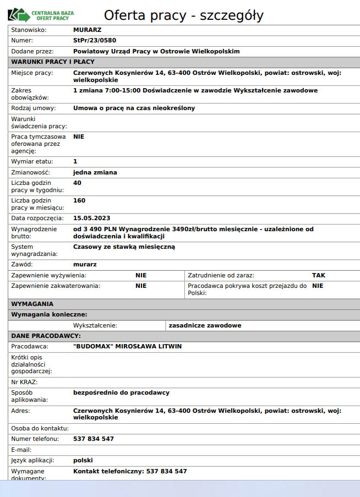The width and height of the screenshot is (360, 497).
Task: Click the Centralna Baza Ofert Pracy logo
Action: coord(41,15)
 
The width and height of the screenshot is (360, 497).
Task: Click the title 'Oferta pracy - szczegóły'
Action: coord(183,15)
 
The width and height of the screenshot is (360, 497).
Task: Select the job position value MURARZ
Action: coord(87,29)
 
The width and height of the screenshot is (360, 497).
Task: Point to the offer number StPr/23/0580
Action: coord(95,40)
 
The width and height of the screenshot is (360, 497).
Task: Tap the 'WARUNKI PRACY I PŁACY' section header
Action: coord(53,62)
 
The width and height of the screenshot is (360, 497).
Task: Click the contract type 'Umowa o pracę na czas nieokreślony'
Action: coord(134,108)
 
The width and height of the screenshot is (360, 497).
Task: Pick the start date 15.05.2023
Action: coord(92,218)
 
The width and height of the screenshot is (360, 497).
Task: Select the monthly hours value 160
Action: coord(79,200)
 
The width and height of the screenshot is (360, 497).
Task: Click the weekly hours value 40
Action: coord(77,182)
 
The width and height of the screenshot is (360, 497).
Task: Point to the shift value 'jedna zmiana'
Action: coord(95,172)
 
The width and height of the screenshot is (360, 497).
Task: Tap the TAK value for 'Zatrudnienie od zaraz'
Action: coord(319,275)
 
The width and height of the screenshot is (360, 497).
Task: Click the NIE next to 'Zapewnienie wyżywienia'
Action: coord(141,275)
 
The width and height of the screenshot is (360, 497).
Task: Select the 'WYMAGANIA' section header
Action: coord(32,303)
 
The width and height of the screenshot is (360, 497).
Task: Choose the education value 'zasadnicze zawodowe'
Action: coord(205,325)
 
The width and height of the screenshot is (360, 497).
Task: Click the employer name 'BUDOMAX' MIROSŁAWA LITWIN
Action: coord(127,346)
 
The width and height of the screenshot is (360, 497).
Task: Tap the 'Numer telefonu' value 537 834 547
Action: coord(94,439)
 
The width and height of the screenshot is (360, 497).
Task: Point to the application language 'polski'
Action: coord(83,460)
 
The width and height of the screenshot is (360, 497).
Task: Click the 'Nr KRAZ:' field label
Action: coord(24,381)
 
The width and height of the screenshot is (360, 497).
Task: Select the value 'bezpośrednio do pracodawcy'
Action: coord(121,392)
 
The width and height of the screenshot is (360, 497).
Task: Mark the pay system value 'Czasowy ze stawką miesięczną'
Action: coord(124,247)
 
